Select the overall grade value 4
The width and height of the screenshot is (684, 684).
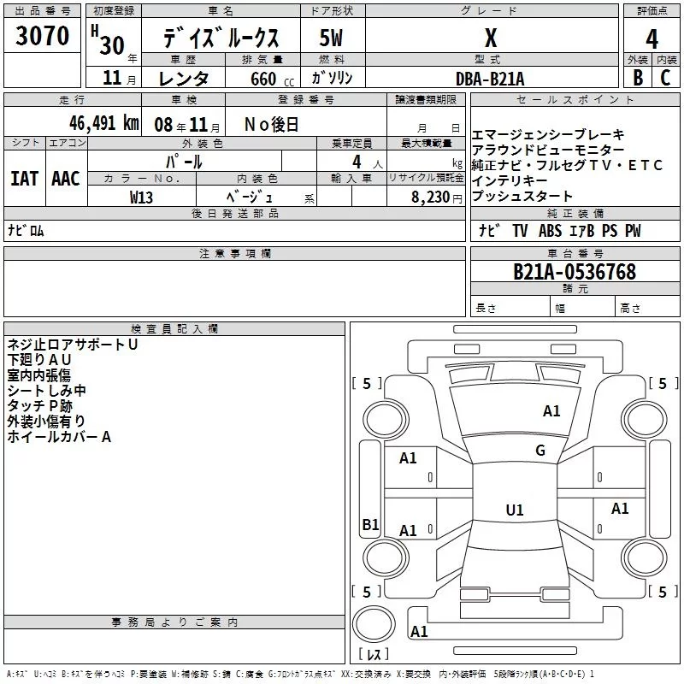tap(652, 39)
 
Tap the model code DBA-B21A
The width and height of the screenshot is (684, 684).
tap(490, 78)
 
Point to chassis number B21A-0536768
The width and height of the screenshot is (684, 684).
tap(575, 272)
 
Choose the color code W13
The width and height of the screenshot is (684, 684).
tap(142, 197)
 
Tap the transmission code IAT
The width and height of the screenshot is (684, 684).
tap(24, 178)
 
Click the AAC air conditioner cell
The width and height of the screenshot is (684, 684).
tap(66, 178)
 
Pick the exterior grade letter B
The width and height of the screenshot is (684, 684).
tap(637, 78)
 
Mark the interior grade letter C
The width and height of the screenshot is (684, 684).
tap(665, 78)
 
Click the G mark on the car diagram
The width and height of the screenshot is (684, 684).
tap(540, 451)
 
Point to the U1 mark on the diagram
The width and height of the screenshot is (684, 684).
tap(514, 510)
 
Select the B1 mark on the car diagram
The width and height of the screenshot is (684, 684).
tap(369, 525)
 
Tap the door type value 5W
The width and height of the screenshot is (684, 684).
tap(331, 39)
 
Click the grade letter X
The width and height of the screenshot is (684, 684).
tap(490, 39)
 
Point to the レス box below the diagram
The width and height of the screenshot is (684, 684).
tap(373, 655)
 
